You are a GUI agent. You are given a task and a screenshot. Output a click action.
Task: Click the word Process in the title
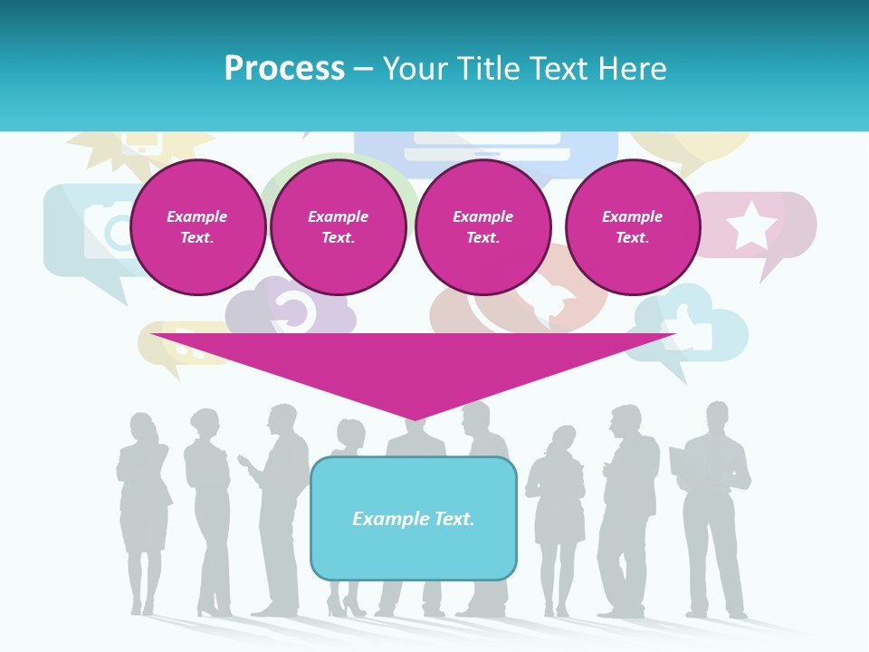click(x=284, y=69)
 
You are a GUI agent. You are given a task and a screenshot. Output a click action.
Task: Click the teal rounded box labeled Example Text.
click(x=414, y=518)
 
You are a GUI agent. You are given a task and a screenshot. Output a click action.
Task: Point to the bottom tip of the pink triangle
click(x=415, y=419)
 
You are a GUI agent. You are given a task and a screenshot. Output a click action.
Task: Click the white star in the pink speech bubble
click(x=751, y=225)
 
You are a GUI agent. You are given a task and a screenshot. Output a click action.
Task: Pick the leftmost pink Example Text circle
click(x=197, y=227)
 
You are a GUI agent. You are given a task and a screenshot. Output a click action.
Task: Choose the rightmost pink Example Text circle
click(x=632, y=227)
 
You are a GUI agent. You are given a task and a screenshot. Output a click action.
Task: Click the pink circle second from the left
click(x=338, y=227)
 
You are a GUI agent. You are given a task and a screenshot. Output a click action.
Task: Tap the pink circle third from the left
click(x=482, y=227)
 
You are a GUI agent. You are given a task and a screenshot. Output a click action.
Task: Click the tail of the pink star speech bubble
click(x=772, y=267)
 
